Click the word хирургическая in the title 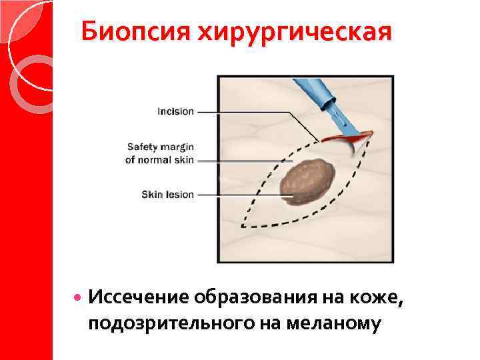click(x=293, y=31)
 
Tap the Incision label click(x=175, y=111)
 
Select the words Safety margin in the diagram click(x=160, y=147)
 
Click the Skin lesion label click(x=167, y=195)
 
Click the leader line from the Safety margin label click(x=240, y=161)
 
